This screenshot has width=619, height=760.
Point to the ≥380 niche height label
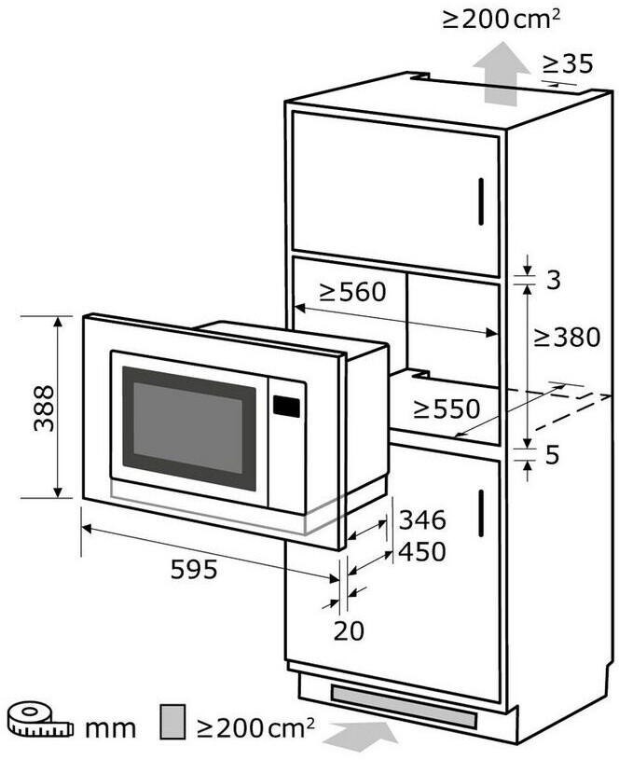pyautogui.click(x=566, y=337)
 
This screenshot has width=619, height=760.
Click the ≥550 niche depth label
pyautogui.click(x=447, y=408)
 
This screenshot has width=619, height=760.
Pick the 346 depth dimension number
pyautogui.click(x=421, y=520)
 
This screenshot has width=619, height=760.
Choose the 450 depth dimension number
pyautogui.click(x=421, y=551)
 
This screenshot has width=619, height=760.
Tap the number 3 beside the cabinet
pyautogui.click(x=553, y=280)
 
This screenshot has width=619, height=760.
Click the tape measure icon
pyautogui.click(x=38, y=722)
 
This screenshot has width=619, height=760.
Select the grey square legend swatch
pyautogui.click(x=171, y=722)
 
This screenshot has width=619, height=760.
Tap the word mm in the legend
pyautogui.click(x=110, y=727)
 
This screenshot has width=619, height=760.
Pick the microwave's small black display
pyautogui.click(x=286, y=406)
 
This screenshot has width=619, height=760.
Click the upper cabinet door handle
pyautogui.click(x=481, y=201)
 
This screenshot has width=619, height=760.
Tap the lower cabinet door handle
pyautogui.click(x=481, y=514)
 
